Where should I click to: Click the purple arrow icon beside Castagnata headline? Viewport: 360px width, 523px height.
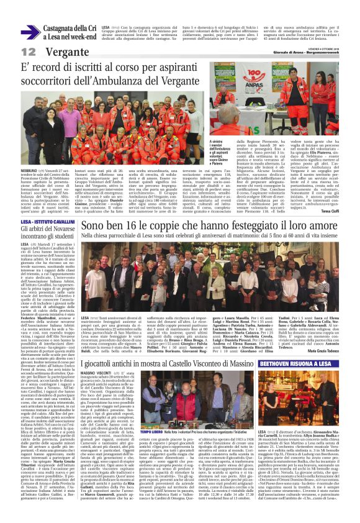tap(29, 32)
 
